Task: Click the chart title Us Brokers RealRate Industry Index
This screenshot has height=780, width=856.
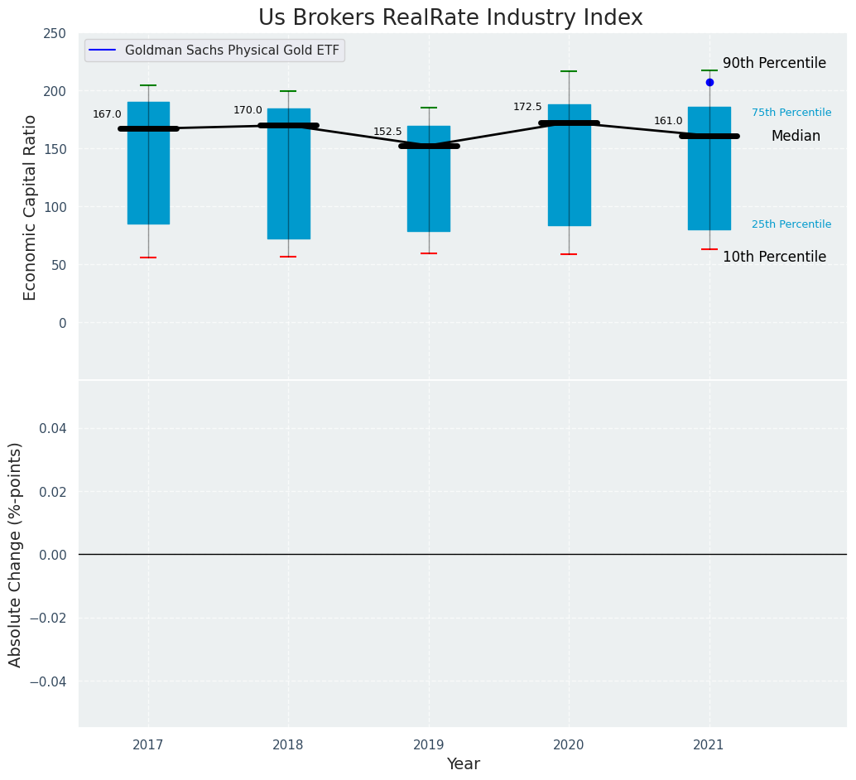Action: pos(450,18)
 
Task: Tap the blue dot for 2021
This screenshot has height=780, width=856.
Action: pos(709,82)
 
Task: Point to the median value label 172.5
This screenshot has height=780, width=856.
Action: pos(527,107)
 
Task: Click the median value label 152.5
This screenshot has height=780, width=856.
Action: pos(387,132)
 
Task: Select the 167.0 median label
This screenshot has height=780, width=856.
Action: pos(107,114)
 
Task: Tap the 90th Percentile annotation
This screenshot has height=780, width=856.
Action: pos(774,64)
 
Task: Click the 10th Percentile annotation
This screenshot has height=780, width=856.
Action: pos(774,257)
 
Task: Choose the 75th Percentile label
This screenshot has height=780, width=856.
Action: pos(791,113)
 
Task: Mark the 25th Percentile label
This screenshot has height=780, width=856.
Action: pos(791,224)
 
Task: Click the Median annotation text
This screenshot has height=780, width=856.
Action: pos(796,137)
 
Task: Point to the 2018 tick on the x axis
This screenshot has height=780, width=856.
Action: pos(288,745)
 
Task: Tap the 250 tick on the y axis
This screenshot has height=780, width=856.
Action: pos(55,33)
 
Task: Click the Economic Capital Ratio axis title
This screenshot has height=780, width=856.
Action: pos(31,207)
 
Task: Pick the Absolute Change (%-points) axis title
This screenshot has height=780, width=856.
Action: pos(16,554)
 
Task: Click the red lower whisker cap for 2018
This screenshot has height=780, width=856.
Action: pos(288,257)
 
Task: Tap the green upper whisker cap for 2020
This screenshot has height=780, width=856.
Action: pos(569,71)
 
